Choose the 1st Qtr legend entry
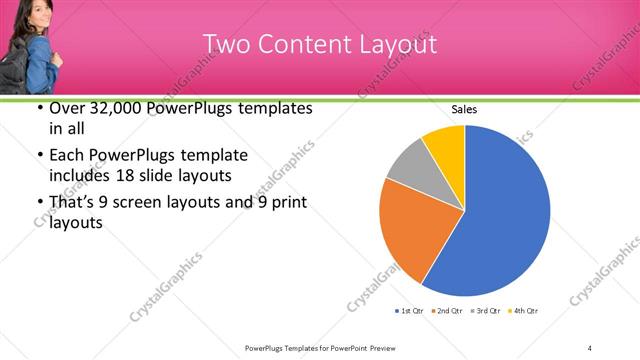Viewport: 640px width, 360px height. [410, 311]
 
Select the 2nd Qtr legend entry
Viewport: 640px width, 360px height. [447, 311]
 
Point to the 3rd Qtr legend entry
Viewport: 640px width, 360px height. [485, 311]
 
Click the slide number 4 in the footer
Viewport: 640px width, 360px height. [590, 347]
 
